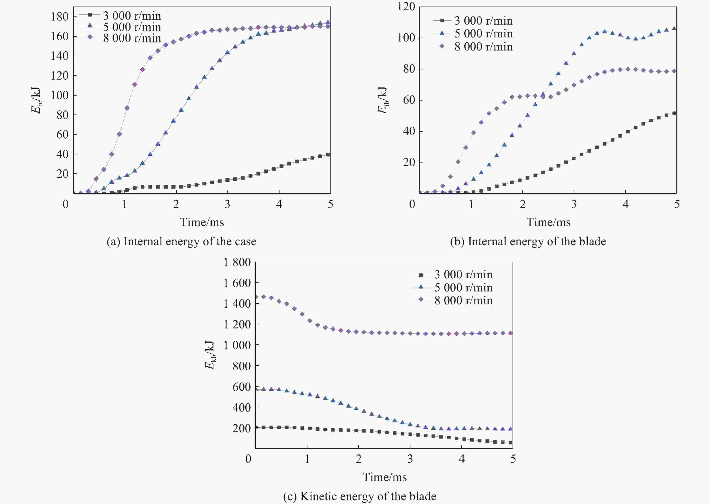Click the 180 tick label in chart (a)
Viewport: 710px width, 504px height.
click(x=59, y=17)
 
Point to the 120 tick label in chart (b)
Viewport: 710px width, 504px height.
click(x=406, y=7)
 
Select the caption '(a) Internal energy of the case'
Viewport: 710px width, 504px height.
click(x=181, y=241)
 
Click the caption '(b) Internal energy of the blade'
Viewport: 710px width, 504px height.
click(x=528, y=241)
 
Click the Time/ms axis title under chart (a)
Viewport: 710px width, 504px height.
click(x=202, y=222)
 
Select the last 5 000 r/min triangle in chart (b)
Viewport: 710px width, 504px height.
click(x=674, y=28)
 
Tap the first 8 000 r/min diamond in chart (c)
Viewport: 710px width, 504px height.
click(x=256, y=297)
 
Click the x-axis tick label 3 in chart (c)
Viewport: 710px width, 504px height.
click(x=410, y=459)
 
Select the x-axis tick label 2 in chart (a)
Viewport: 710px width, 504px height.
click(x=176, y=204)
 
